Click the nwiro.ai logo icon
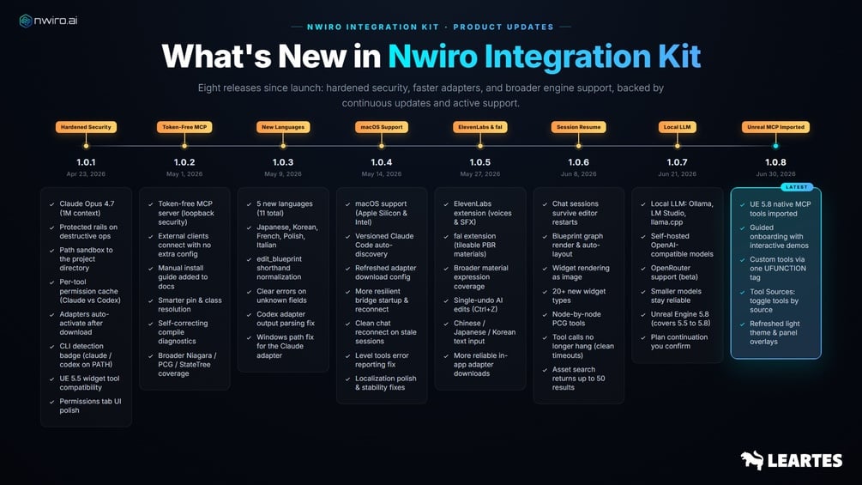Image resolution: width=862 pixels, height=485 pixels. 25,21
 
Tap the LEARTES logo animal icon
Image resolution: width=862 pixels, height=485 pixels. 751,460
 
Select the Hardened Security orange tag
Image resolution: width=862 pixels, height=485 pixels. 86,127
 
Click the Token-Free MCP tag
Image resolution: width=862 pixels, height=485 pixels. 184,127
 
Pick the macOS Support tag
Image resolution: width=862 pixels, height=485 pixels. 382,127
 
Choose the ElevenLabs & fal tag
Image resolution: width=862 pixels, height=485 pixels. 480,127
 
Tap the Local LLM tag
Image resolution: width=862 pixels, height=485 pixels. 678,127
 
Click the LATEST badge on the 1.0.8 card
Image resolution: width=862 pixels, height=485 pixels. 797,187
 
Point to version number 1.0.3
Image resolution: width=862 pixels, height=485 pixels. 283,162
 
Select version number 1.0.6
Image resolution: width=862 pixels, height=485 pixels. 578,162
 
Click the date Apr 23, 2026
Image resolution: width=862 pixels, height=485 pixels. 86,173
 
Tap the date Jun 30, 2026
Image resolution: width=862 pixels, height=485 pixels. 775,173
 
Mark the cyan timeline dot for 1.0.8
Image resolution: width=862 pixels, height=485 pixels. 775,146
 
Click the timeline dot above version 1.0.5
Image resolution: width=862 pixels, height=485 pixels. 480,146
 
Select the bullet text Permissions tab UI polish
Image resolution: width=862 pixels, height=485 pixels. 90,406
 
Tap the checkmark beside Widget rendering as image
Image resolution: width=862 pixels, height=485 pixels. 545,269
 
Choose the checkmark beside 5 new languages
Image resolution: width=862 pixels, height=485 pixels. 249,204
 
